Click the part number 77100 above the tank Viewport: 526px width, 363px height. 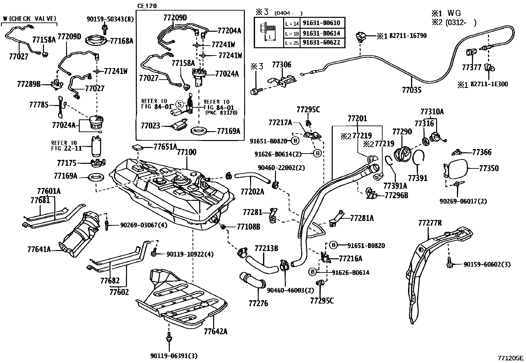[x=187, y=152]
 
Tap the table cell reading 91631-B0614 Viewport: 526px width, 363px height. [x=321, y=33]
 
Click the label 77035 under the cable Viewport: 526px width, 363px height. [x=412, y=90]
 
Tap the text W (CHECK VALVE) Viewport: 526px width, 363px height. [x=29, y=19]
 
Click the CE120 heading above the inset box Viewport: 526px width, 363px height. [x=147, y=6]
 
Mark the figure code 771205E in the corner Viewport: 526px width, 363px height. [x=511, y=358]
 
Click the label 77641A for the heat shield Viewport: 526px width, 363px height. [x=39, y=249]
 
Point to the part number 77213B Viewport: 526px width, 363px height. [x=266, y=248]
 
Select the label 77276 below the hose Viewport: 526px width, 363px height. [x=258, y=303]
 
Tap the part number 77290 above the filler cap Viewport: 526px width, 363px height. [x=402, y=132]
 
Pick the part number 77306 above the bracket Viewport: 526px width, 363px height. [x=282, y=65]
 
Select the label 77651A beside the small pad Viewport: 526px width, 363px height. [x=165, y=147]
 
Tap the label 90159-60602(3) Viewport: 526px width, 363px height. [x=487, y=264]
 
